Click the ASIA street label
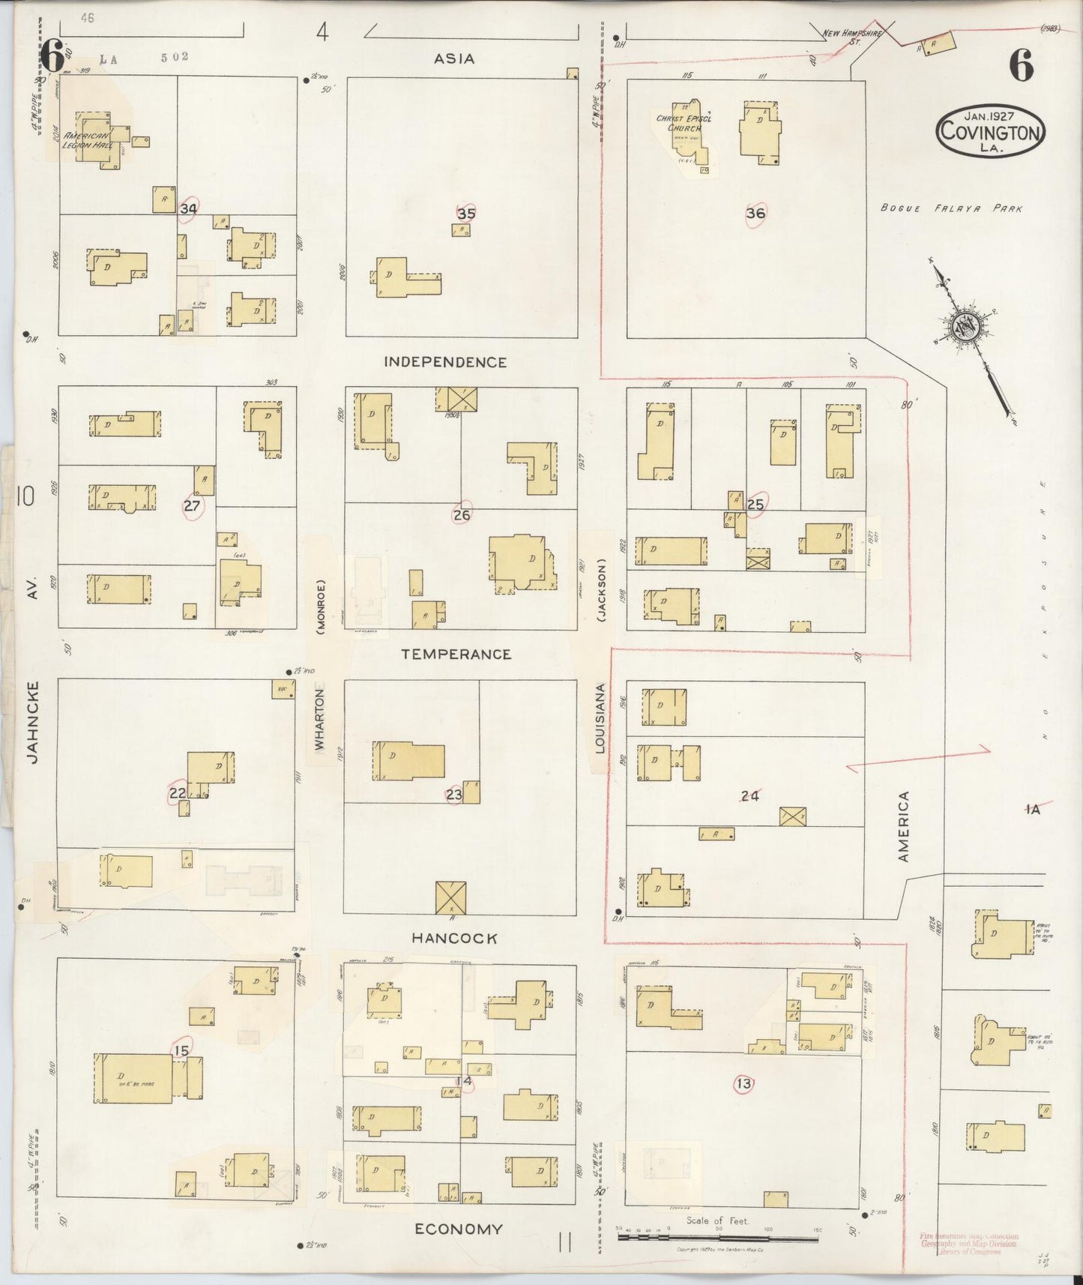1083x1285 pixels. click(454, 58)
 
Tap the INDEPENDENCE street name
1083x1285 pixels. click(445, 362)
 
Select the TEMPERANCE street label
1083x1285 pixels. click(456, 654)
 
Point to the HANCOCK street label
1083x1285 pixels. click(454, 938)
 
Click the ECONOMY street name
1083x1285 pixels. click(459, 1229)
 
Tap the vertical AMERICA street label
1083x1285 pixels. click(903, 826)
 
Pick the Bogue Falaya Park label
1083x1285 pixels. click(951, 208)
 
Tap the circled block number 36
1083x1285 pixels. click(755, 214)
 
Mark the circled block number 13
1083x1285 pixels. click(743, 1083)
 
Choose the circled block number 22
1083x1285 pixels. click(178, 793)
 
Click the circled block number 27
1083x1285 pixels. click(192, 506)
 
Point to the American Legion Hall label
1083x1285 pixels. click(88, 140)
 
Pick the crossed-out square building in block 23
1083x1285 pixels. click(450, 897)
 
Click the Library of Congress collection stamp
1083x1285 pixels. click(968, 1243)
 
